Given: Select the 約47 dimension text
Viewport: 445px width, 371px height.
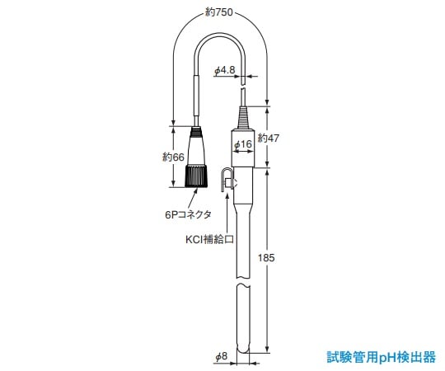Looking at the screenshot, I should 269,138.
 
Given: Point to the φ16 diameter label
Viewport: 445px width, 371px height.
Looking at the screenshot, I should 241,145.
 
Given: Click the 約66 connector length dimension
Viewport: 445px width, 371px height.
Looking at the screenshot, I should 172,157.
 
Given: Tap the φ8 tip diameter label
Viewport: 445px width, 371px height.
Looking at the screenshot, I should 221,356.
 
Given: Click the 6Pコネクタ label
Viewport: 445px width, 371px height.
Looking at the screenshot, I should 188,214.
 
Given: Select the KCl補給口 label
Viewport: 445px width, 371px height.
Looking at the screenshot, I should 208,241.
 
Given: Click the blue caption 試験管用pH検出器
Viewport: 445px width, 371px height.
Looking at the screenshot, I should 381,357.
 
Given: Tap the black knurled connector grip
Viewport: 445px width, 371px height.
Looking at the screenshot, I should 197,174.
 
